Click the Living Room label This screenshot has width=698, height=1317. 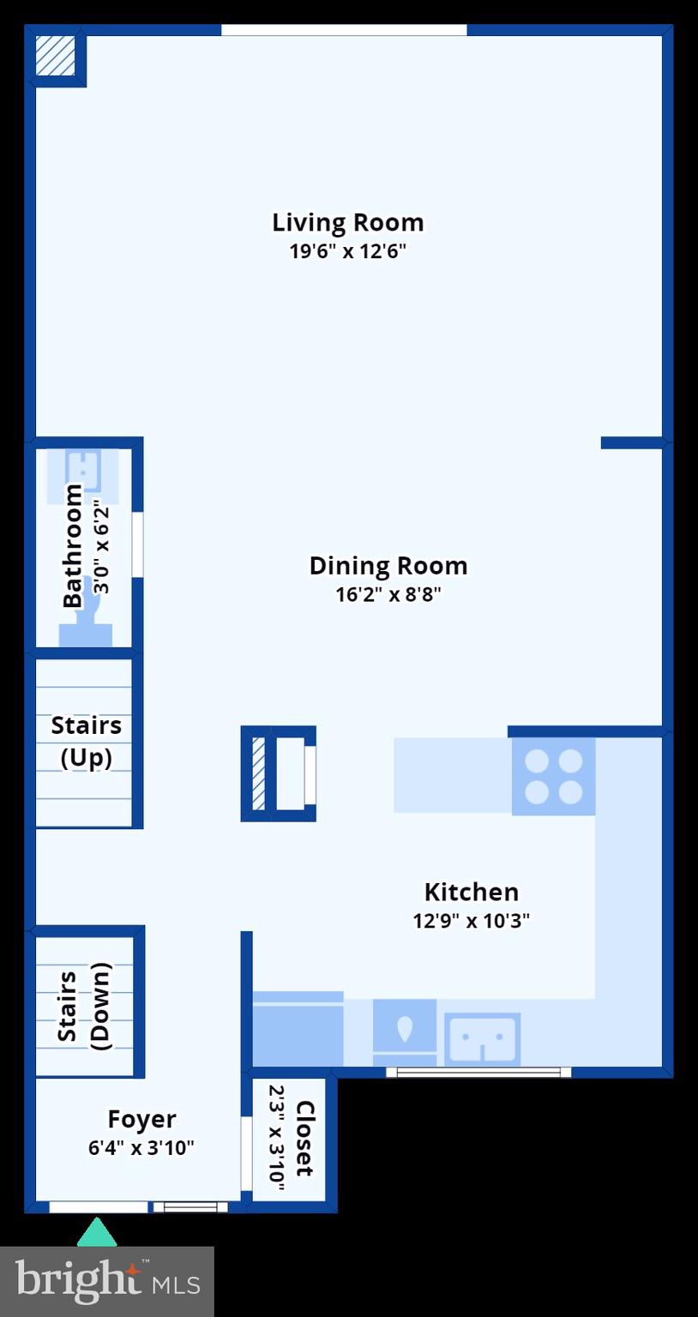tap(347, 222)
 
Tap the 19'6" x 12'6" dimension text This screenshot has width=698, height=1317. tap(347, 251)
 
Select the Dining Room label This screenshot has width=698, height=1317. tap(388, 566)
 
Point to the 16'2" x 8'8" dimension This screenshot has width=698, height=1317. tap(388, 594)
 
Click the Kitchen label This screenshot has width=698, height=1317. tap(471, 892)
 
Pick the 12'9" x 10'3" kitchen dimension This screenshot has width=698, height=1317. tap(471, 921)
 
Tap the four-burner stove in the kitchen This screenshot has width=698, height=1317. tap(553, 777)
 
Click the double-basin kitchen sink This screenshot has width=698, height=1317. tap(482, 1038)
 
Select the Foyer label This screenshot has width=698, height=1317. tap(141, 1119)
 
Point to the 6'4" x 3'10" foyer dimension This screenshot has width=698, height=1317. tap(141, 1147)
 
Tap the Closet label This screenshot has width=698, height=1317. tap(304, 1138)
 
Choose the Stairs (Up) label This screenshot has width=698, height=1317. tap(86, 741)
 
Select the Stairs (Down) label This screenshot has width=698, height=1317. tap(84, 1006)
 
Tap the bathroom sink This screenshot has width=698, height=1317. tap(83, 467)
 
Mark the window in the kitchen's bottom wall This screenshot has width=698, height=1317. tap(478, 1072)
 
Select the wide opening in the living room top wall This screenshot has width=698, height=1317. tap(344, 30)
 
